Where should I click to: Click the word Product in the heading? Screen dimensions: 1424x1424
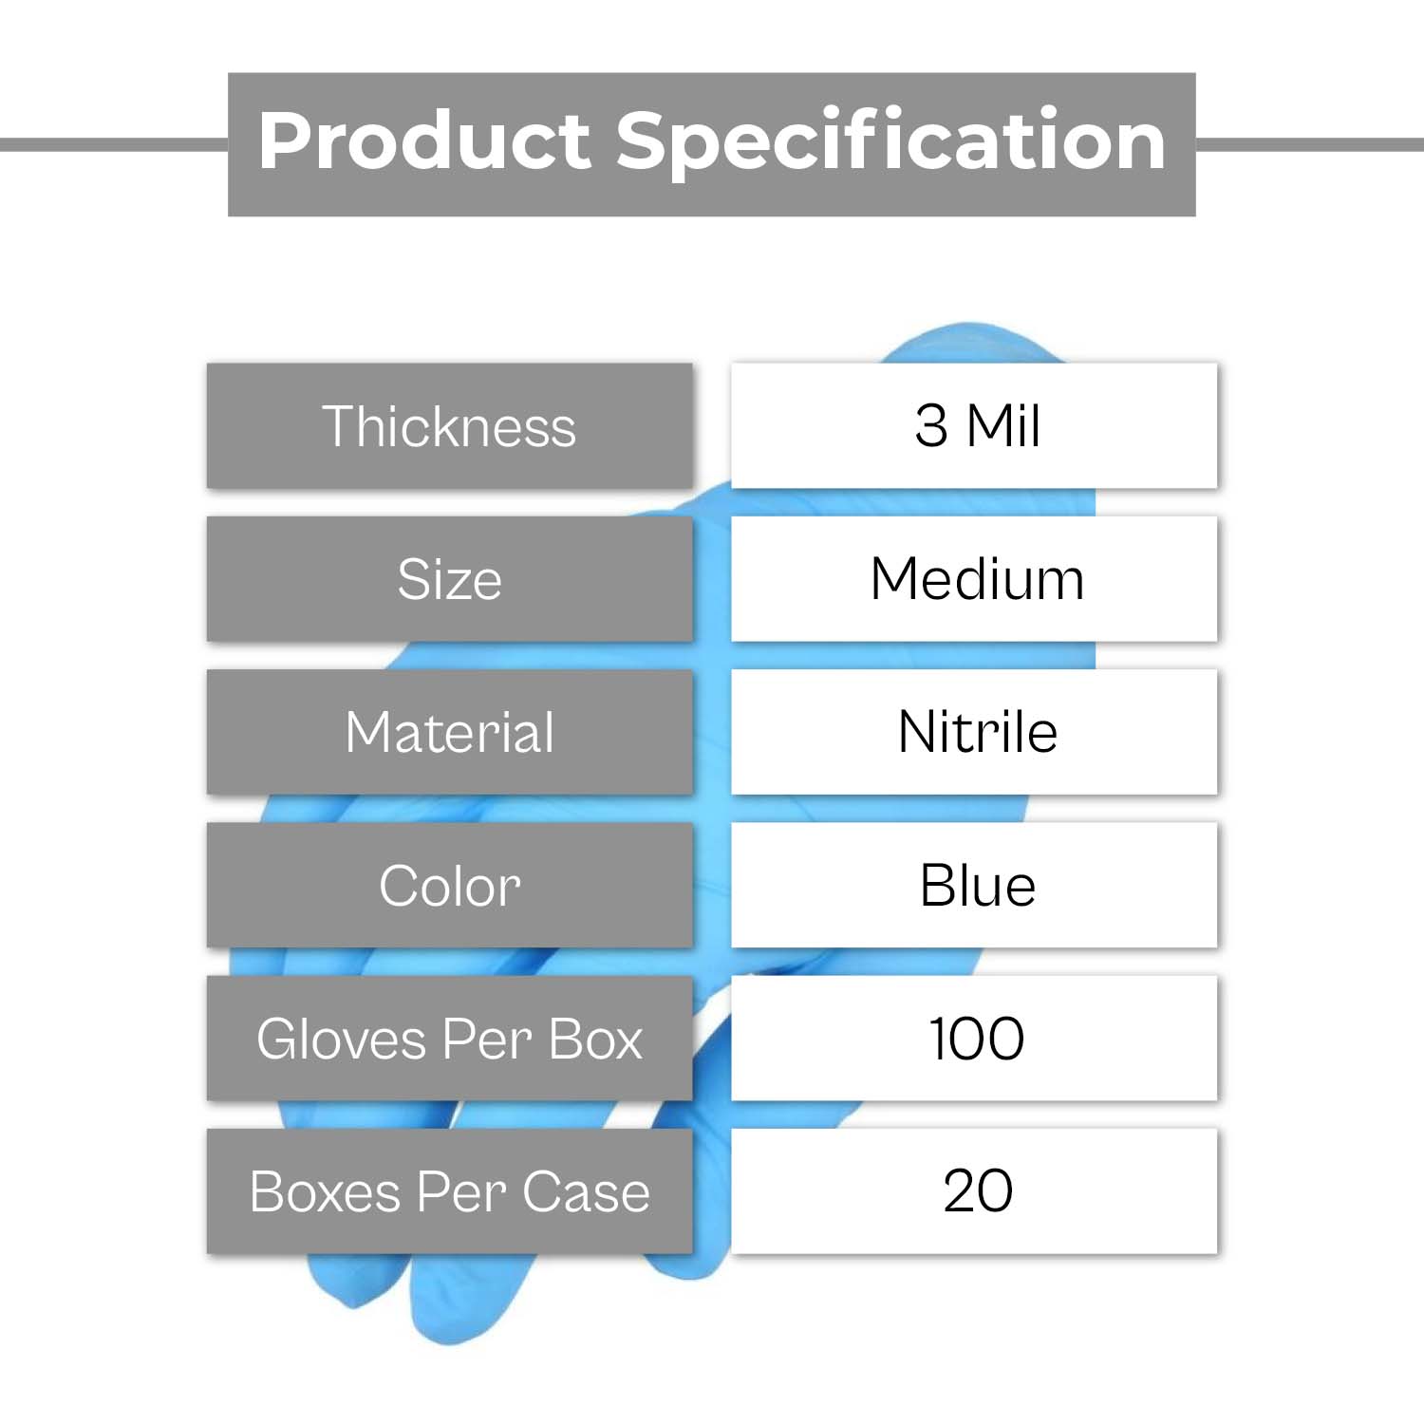click(x=424, y=141)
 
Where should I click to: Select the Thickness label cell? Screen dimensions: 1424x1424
click(x=450, y=425)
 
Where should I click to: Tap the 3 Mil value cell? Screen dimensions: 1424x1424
click(x=974, y=425)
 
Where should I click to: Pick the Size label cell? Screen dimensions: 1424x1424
click(x=450, y=579)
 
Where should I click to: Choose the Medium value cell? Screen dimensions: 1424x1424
click(x=974, y=579)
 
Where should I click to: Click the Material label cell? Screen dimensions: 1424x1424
click(x=450, y=732)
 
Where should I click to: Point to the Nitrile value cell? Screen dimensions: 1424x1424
click(x=974, y=732)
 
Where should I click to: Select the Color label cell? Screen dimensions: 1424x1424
click(x=450, y=885)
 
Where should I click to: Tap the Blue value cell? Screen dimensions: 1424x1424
click(x=974, y=885)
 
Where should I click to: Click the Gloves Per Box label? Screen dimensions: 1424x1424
click(x=450, y=1039)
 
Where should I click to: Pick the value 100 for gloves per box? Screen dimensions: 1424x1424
click(x=977, y=1039)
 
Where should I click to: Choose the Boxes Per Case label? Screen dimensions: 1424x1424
click(x=450, y=1191)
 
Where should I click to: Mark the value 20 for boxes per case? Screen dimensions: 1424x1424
click(x=978, y=1190)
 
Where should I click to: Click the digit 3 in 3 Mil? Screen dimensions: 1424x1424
click(x=931, y=425)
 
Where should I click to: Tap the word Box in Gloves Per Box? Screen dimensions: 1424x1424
click(x=596, y=1039)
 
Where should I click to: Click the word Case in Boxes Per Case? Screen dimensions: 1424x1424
click(x=587, y=1192)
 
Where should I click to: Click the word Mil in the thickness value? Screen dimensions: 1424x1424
click(x=1003, y=425)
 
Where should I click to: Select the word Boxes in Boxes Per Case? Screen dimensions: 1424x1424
click(x=326, y=1192)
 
